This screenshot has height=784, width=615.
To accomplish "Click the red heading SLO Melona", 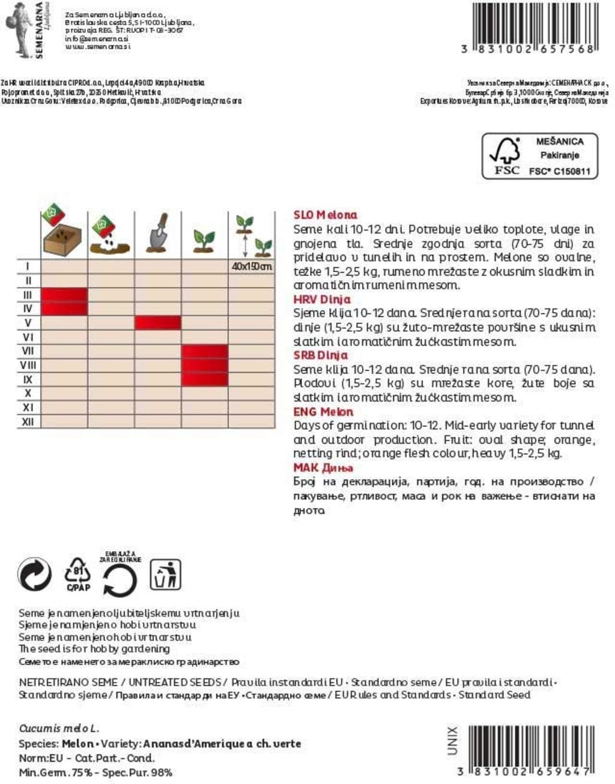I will pos(325,215).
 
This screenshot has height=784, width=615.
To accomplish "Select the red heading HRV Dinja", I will pos(321,299).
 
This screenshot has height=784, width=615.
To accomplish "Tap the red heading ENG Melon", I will pos(323,412).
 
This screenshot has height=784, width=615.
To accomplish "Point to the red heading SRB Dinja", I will pos(320,355).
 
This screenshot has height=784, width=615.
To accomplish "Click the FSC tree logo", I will pos(505,155).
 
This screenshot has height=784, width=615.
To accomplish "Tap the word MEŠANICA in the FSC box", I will pos(559,142).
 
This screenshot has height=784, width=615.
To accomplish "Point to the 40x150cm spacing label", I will pos(252,267).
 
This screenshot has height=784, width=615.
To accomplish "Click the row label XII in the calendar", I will pos(28,421).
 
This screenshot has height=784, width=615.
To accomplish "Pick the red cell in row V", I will pos(158,323).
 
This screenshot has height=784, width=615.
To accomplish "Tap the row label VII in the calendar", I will pos(28,351).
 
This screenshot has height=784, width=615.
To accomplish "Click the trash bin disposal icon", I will pos(165,575).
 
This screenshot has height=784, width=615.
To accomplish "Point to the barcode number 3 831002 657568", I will pos(528,49).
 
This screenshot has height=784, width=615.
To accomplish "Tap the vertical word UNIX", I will pos(453,740).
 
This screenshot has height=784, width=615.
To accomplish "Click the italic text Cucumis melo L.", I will pos(59,728).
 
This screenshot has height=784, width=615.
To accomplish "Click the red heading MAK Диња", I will pos(323,468).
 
